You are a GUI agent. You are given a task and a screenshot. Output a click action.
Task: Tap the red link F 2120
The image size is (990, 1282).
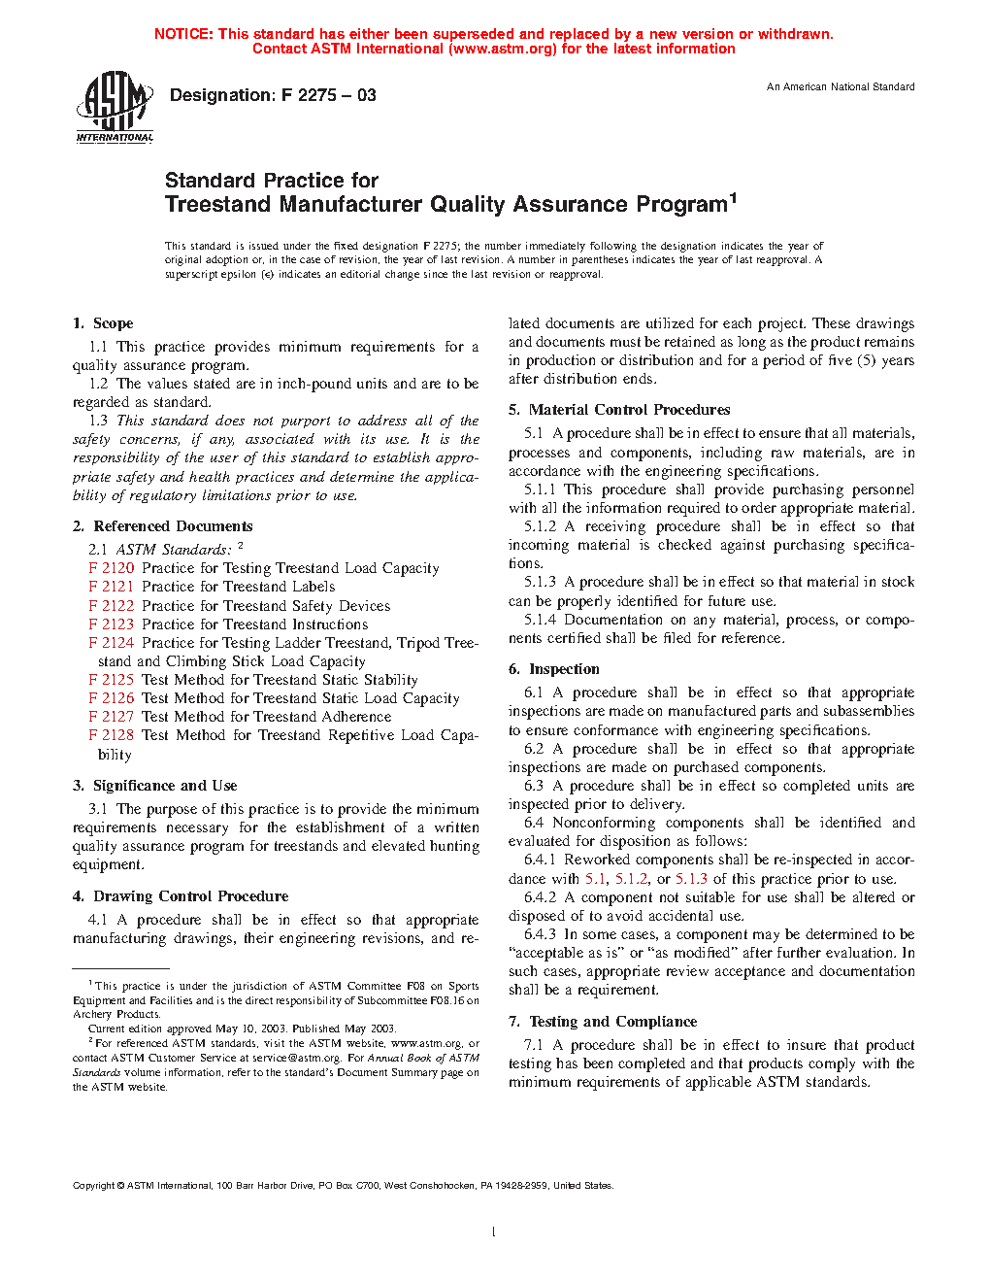click(112, 568)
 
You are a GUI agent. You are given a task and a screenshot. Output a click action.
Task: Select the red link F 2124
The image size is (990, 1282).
click(112, 643)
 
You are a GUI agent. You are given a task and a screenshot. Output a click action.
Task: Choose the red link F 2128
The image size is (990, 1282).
click(112, 735)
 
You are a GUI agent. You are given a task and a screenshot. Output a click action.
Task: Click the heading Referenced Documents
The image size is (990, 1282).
click(173, 526)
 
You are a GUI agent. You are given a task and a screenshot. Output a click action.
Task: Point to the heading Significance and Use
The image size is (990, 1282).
click(165, 786)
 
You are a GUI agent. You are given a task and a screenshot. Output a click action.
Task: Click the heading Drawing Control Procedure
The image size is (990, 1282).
click(190, 896)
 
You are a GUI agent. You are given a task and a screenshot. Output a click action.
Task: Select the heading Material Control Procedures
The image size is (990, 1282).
click(629, 410)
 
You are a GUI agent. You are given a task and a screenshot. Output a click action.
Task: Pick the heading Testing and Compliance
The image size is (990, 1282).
click(612, 1022)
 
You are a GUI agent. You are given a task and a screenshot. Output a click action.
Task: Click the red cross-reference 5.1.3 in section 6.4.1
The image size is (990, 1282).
click(691, 879)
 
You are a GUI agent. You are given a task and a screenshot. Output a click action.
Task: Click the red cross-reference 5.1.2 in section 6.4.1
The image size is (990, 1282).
click(631, 879)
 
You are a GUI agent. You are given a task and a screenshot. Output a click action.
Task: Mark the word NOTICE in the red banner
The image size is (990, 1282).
click(183, 34)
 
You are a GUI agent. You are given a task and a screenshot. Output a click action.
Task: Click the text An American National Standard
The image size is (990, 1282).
click(841, 87)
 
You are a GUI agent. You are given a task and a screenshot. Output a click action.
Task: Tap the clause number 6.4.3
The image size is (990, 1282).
click(541, 934)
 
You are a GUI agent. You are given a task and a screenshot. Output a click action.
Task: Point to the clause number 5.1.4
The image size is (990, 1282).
click(541, 620)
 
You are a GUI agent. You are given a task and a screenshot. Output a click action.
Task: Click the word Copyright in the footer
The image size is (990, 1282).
click(94, 1186)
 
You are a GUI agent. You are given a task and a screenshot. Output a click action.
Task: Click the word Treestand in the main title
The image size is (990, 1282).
click(218, 205)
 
